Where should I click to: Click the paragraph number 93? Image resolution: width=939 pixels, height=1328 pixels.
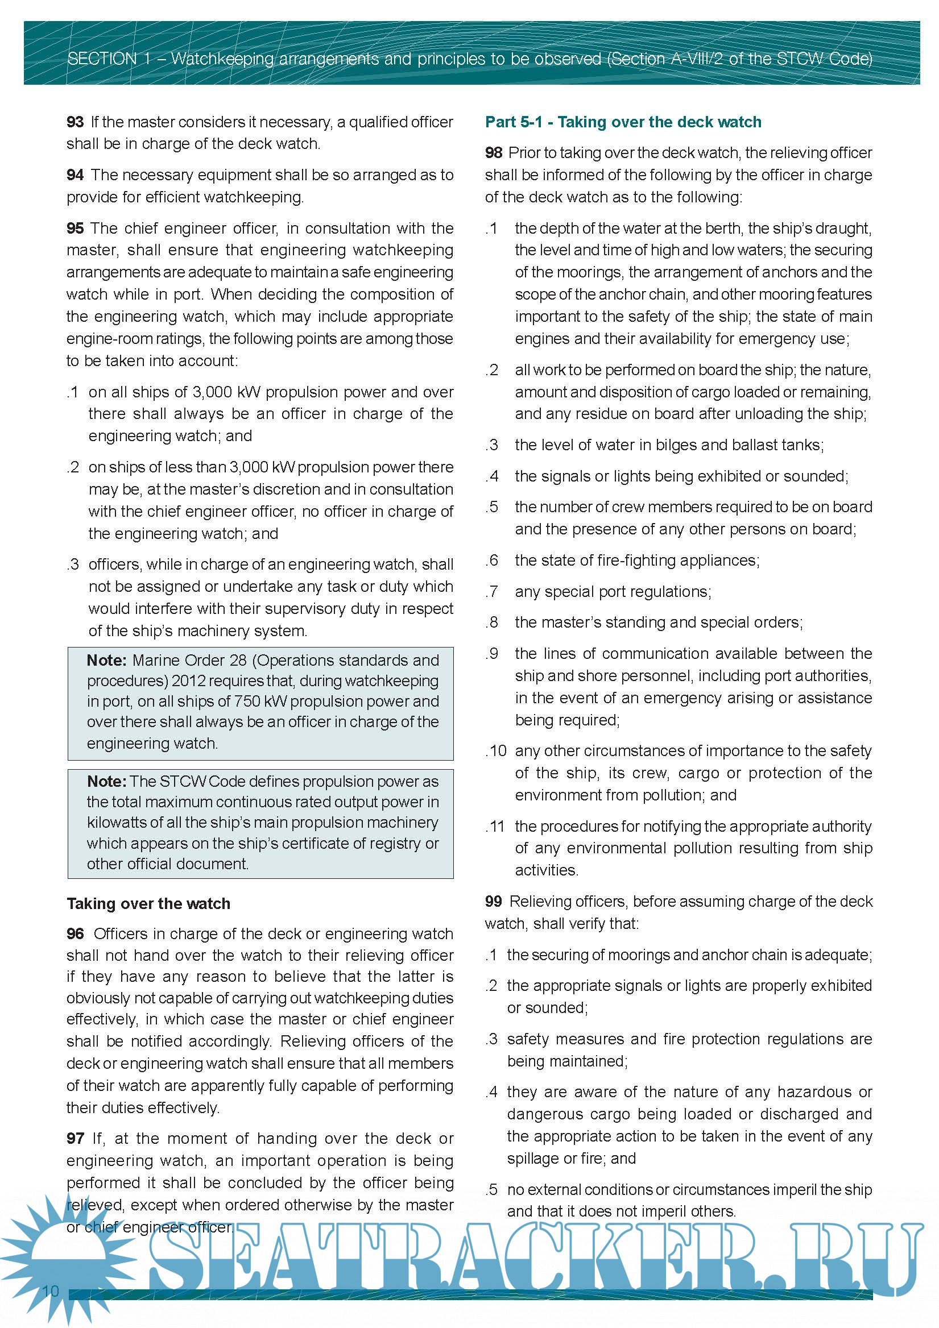[x=75, y=122]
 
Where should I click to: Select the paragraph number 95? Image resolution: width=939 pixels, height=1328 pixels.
[x=75, y=229]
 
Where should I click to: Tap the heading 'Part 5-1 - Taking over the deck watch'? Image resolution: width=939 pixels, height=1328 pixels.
[x=623, y=122]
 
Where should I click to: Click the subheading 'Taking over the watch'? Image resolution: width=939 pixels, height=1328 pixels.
[x=148, y=903]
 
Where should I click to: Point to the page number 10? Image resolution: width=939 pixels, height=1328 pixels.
[x=51, y=1291]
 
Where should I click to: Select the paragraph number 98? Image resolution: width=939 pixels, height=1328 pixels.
[x=494, y=153]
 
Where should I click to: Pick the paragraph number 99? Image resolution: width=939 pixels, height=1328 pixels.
[x=494, y=901]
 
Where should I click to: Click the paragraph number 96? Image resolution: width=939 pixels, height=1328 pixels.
[x=75, y=933]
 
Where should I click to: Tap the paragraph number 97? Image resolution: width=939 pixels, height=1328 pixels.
[x=75, y=1138]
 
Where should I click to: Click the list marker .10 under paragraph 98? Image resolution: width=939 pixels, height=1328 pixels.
[x=497, y=751]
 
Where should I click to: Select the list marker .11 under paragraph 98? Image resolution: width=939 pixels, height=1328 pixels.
[x=496, y=826]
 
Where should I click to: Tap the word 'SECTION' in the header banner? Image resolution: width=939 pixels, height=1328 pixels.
[x=102, y=59]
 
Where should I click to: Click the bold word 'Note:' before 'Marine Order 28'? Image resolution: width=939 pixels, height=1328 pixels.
[x=107, y=661]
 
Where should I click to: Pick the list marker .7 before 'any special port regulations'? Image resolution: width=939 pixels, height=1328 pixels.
[x=493, y=591]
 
